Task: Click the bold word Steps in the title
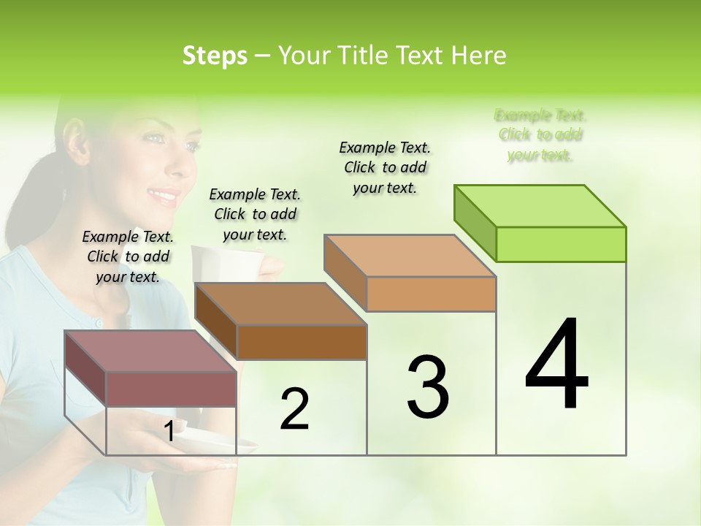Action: tap(215, 56)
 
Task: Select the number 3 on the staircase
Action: tap(428, 386)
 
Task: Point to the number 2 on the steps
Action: tap(294, 408)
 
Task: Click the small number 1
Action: tap(169, 432)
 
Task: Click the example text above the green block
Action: tap(540, 135)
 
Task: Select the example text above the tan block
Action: tap(385, 167)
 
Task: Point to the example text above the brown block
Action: tap(255, 214)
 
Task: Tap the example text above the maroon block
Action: tap(128, 256)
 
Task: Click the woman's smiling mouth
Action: tap(164, 196)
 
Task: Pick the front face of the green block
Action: tap(561, 244)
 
